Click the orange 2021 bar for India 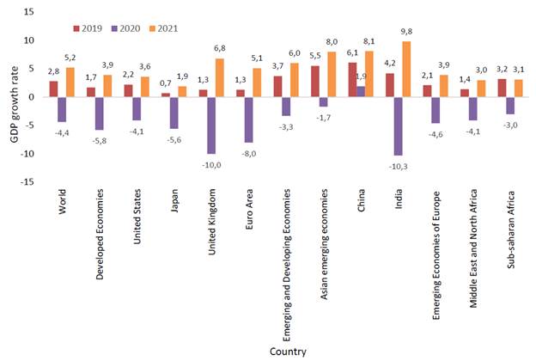pyautogui.click(x=406, y=70)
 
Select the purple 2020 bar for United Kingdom pyautogui.click(x=211, y=125)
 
